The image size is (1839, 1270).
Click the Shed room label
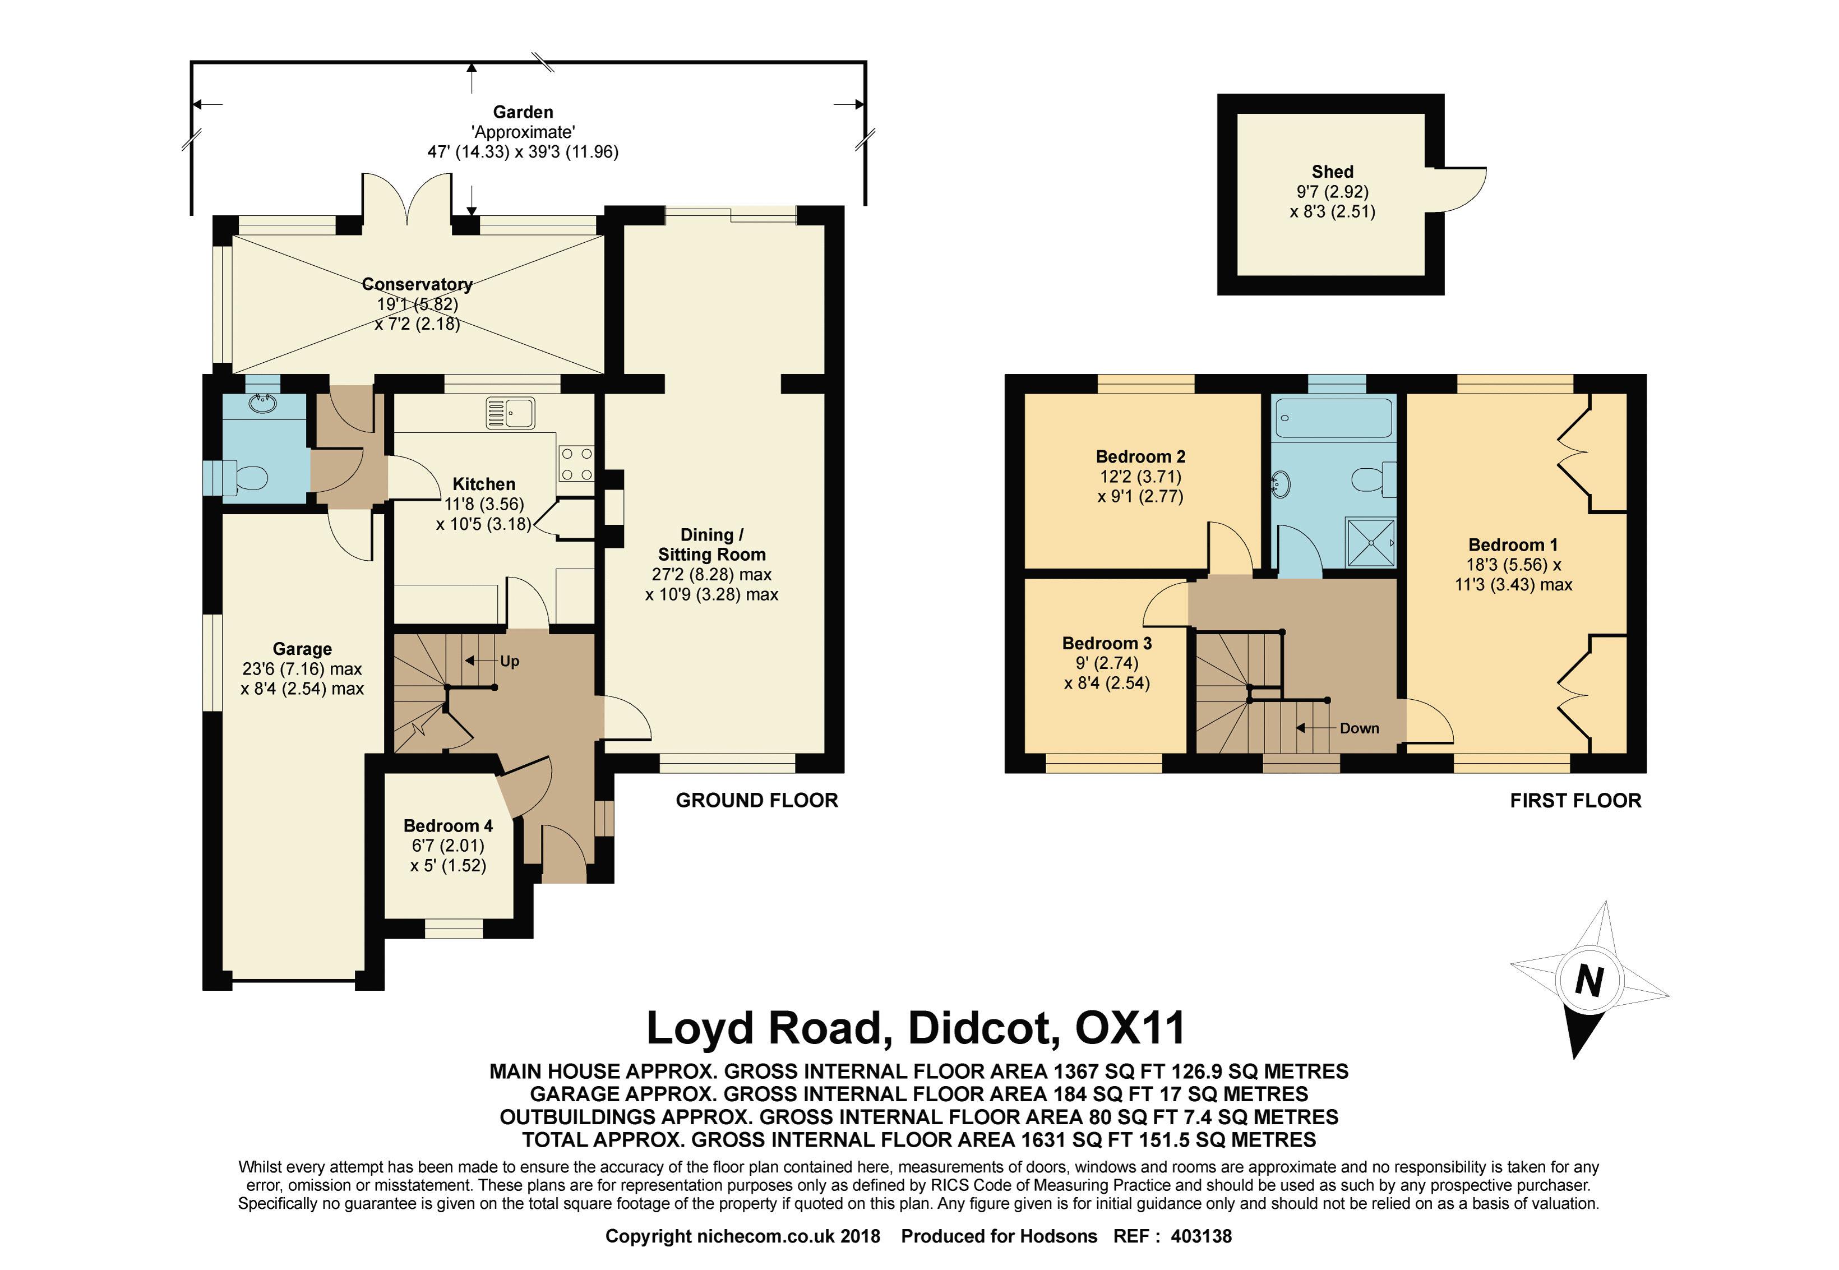click(x=1332, y=172)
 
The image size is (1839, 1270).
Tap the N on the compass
click(x=1589, y=980)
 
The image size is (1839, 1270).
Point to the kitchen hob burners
click(x=576, y=463)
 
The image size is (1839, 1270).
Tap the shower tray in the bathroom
click(x=1370, y=543)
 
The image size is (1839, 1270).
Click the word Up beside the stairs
click(x=509, y=661)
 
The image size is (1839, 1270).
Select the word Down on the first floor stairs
click(x=1359, y=728)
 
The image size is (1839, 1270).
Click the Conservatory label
click(x=417, y=284)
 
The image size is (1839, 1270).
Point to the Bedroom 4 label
click(x=448, y=826)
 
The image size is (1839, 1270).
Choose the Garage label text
click(x=302, y=649)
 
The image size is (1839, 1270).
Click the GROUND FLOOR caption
click(x=757, y=801)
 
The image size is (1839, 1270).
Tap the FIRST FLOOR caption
click(x=1575, y=801)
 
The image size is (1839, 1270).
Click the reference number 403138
click(x=1199, y=1236)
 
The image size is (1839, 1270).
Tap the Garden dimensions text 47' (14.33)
click(x=468, y=152)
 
